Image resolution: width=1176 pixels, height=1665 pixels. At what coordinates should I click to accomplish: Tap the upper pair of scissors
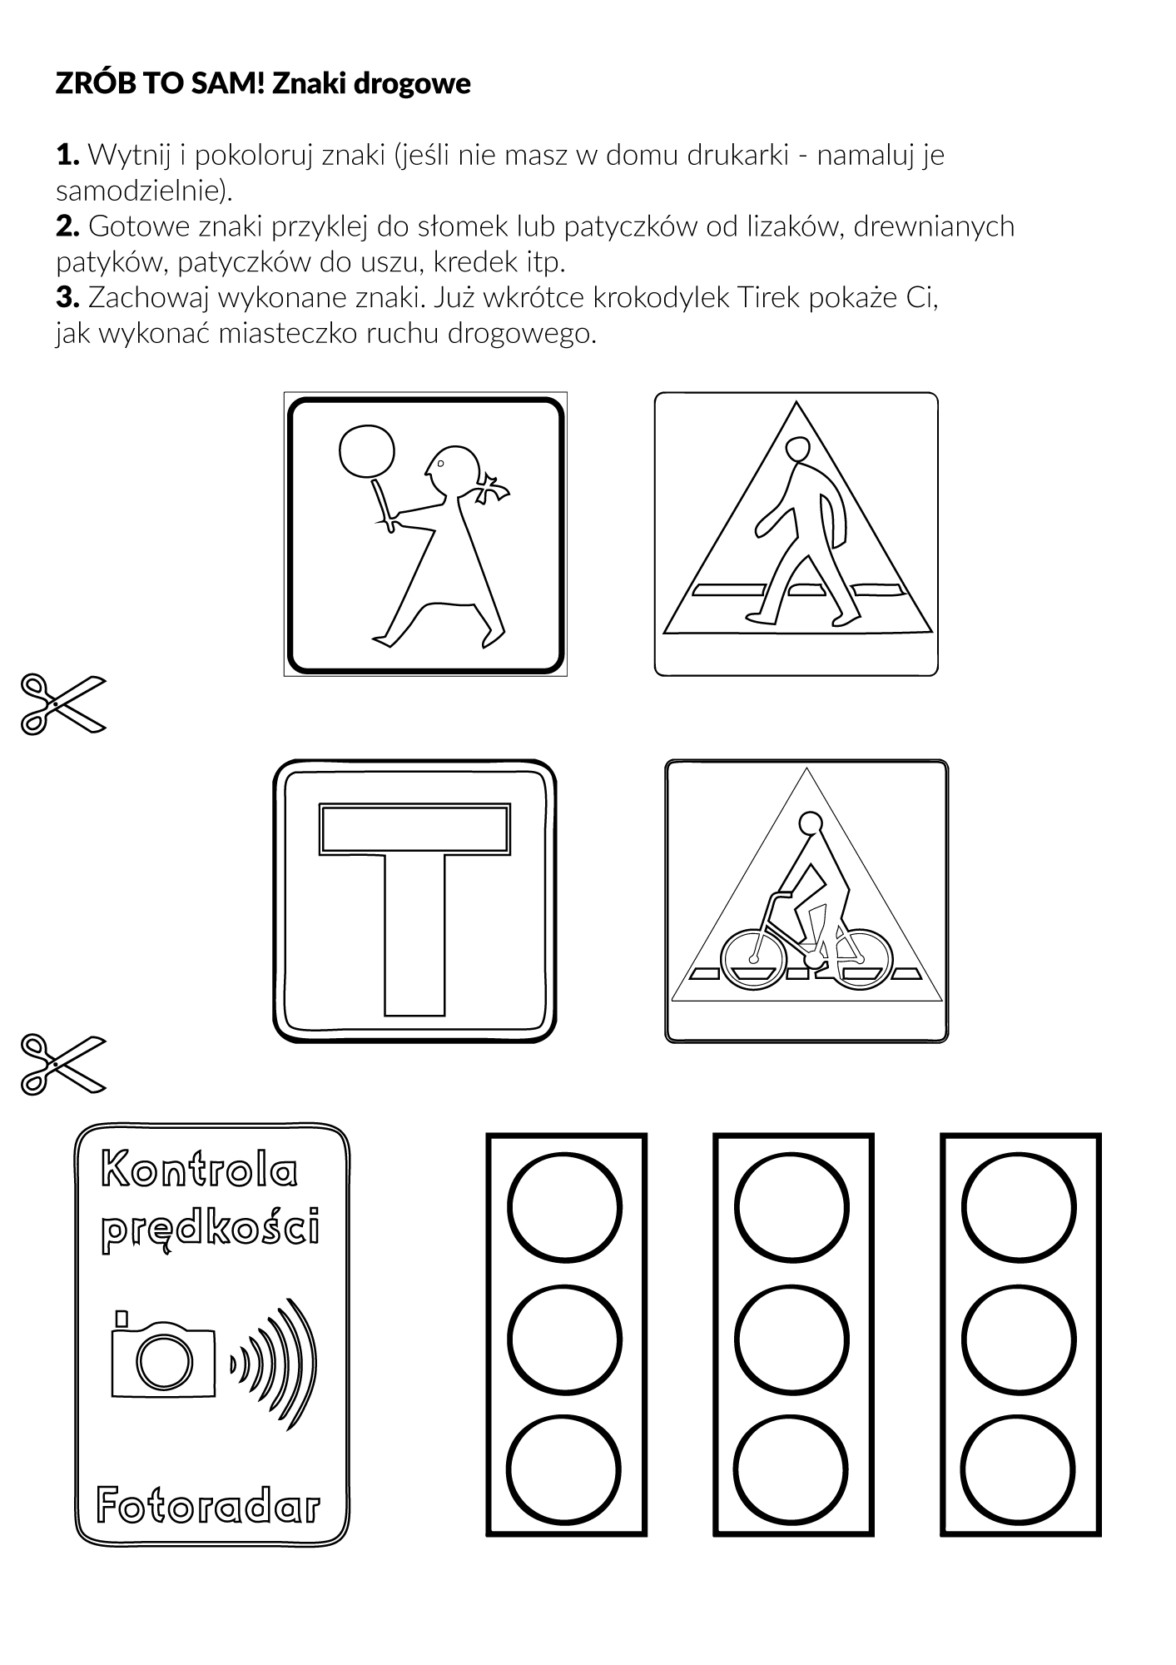click(64, 704)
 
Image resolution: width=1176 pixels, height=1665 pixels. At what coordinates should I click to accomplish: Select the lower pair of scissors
click(64, 1064)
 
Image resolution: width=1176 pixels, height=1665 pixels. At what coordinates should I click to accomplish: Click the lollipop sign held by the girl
click(367, 452)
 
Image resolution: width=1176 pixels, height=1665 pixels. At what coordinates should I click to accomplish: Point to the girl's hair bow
click(492, 488)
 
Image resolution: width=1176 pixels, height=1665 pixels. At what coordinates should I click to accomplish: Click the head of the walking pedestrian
click(800, 450)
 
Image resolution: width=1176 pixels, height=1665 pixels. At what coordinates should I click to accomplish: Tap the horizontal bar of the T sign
click(414, 829)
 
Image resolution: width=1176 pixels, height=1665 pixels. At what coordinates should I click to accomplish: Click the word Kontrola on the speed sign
click(199, 1171)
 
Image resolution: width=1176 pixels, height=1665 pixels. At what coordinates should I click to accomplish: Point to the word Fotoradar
click(208, 1504)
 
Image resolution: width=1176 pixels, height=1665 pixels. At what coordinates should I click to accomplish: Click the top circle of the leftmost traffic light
click(565, 1208)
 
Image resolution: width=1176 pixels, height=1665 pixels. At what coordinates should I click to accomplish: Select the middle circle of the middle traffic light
click(792, 1340)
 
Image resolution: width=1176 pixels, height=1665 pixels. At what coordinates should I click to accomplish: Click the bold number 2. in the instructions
click(67, 226)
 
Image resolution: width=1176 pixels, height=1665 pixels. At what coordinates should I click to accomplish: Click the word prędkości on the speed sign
click(210, 1230)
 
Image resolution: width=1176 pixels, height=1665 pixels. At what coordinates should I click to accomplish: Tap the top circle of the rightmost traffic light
click(1020, 1208)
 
